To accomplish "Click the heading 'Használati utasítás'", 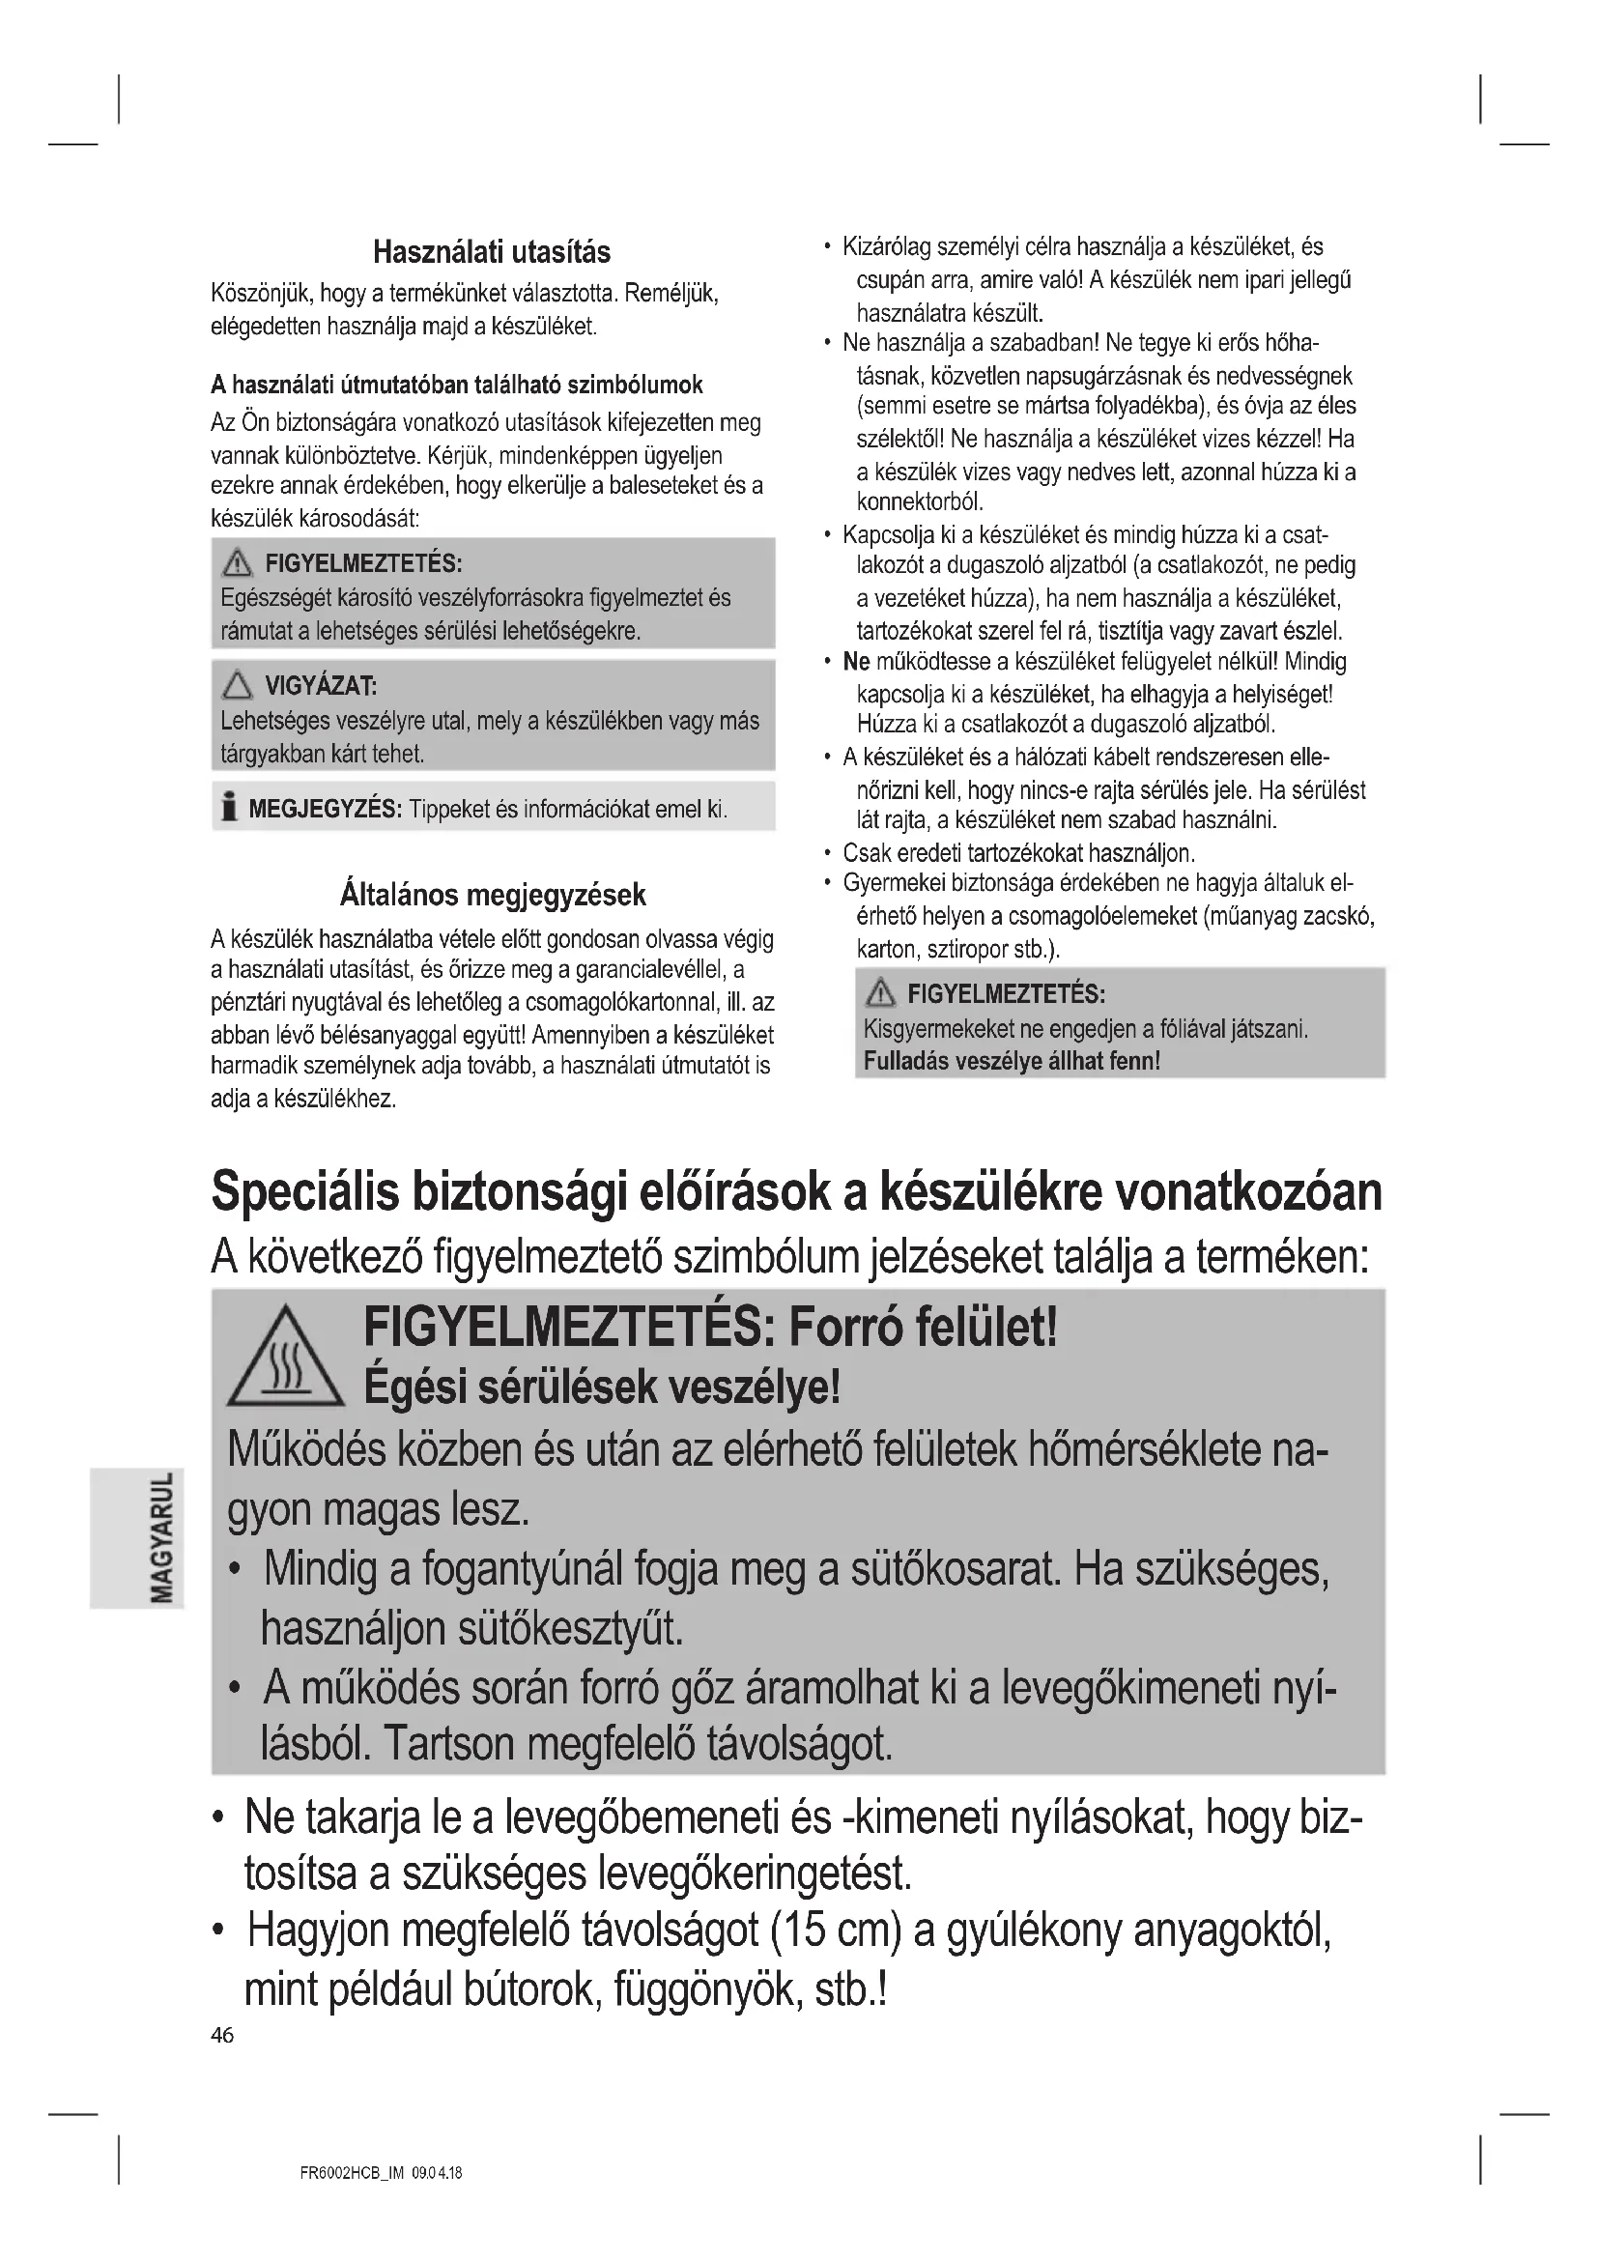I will [x=491, y=253].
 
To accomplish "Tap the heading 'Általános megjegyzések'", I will [x=492, y=895].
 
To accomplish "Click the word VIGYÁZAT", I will [x=320, y=686].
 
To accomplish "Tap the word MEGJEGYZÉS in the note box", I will [x=325, y=810].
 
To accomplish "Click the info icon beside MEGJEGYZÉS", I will [x=229, y=808].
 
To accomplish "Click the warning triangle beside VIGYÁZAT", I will [x=237, y=685].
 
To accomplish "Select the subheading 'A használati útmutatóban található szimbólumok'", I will [x=457, y=385].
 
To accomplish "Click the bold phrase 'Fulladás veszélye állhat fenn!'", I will [x=1012, y=1061].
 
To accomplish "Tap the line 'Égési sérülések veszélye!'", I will [x=602, y=1387].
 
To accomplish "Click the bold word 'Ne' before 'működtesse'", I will [x=856, y=663].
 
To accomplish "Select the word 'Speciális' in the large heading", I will [x=305, y=1192].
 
